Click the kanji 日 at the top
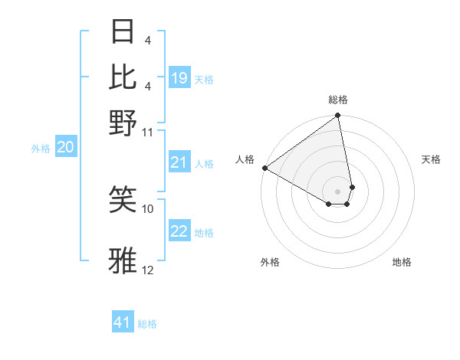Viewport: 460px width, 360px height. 123,32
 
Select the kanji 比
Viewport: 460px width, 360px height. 123,76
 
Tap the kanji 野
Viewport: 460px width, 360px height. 123,123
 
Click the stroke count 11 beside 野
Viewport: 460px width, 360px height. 148,132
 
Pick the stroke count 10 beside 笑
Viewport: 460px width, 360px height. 148,208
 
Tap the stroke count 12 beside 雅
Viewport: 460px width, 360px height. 148,270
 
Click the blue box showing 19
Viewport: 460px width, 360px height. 179,77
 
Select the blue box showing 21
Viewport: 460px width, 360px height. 179,162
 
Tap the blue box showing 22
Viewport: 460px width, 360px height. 179,231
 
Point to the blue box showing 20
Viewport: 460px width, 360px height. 65,148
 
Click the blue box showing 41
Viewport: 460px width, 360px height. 123,322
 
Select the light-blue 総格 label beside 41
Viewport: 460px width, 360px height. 147,324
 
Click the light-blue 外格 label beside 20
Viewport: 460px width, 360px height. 40,149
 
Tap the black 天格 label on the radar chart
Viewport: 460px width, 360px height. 431,159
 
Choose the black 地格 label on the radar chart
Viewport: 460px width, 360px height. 402,262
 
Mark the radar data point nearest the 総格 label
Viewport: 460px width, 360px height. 337,116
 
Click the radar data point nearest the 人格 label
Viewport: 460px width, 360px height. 264,168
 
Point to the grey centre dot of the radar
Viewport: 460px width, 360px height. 337,191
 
